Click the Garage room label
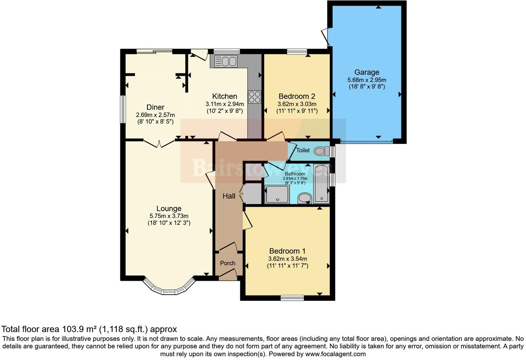point(366,72)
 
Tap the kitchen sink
point(226,61)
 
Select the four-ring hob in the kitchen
point(255,97)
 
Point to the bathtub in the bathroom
point(322,183)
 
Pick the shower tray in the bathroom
point(277,194)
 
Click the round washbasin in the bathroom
point(305,198)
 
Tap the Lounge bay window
point(169,288)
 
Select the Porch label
point(228,263)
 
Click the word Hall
point(229,196)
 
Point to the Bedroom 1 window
point(292,298)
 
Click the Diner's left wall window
point(123,109)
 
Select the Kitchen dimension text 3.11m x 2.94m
point(225,104)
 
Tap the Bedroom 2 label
point(297,96)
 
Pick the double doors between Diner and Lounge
point(159,144)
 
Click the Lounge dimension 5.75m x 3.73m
point(169,216)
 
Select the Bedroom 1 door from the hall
point(247,220)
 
